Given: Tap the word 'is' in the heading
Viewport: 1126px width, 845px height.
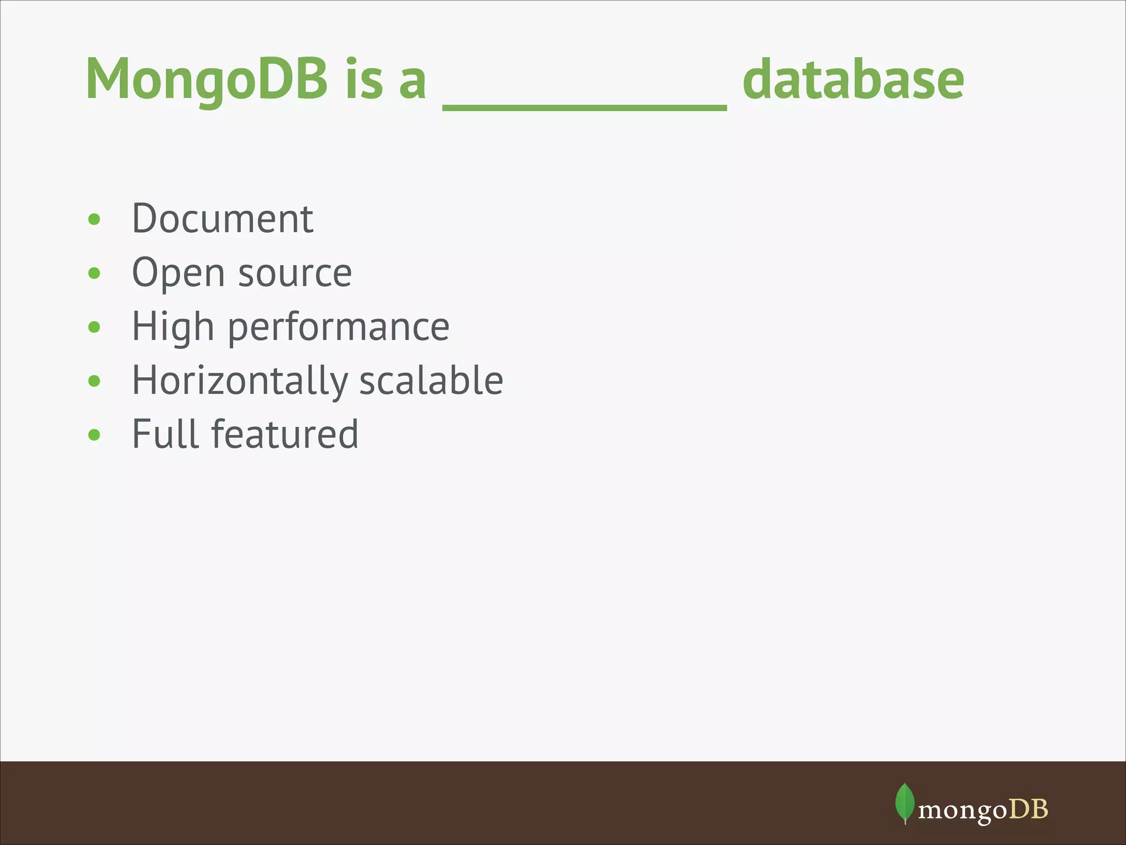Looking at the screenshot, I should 363,80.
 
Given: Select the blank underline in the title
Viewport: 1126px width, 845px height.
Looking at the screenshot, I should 584,107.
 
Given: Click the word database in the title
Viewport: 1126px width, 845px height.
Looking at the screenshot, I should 853,80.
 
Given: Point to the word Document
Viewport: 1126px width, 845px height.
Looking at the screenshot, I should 223,219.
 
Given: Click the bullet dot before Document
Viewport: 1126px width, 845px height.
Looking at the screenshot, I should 94,220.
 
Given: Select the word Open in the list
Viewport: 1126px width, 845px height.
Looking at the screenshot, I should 179,273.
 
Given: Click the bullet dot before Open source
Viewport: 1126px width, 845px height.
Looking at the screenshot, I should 94,273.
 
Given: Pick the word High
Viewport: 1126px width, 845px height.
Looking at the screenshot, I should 173,327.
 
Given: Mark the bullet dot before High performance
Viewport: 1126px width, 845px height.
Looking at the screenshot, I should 94,327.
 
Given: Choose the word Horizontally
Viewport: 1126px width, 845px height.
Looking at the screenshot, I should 240,381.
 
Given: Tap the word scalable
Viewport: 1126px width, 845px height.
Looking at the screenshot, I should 431,380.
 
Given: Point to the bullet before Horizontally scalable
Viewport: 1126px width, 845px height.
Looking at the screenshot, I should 94,381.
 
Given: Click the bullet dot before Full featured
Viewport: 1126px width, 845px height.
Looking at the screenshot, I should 94,435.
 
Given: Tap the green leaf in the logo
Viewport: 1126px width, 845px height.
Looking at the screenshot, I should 904,803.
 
